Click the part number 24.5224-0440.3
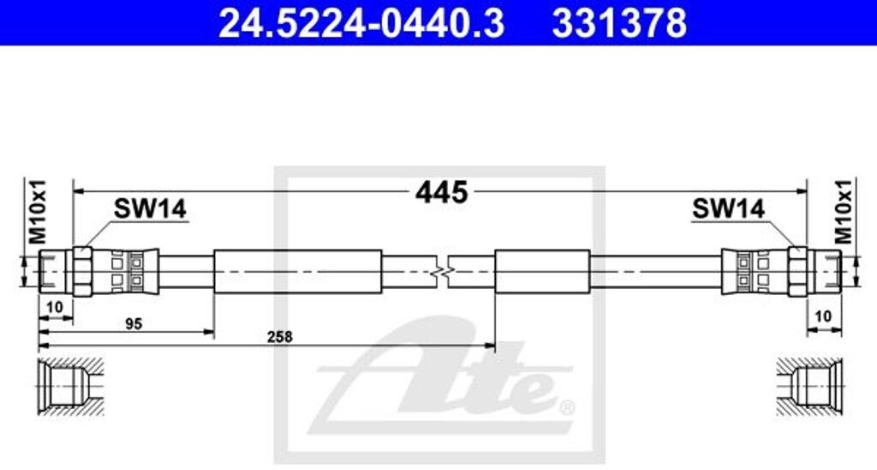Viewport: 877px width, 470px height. (361, 23)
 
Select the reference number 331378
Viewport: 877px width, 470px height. (618, 23)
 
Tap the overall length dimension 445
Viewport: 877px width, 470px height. (441, 192)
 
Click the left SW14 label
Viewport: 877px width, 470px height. (151, 208)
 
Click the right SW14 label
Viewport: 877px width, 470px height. (728, 208)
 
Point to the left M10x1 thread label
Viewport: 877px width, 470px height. (35, 211)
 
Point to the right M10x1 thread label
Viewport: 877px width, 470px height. (843, 211)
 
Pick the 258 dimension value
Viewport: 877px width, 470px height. (279, 337)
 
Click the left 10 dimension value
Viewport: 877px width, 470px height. (56, 308)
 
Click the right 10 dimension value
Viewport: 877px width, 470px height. (823, 316)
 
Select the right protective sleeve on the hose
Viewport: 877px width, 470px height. (542, 272)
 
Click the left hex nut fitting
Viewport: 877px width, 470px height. (82, 272)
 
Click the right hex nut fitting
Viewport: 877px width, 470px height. (797, 272)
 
